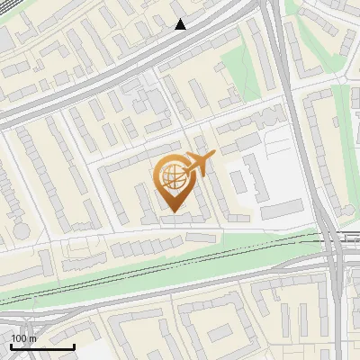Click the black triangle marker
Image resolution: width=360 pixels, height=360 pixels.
(180, 24)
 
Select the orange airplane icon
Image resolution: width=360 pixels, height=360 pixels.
(198, 164)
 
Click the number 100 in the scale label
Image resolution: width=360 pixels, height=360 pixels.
(19, 338)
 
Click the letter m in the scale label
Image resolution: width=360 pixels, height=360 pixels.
(33, 338)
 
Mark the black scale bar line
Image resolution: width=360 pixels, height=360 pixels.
(41, 346)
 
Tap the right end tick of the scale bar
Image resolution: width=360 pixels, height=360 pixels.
(74, 345)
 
